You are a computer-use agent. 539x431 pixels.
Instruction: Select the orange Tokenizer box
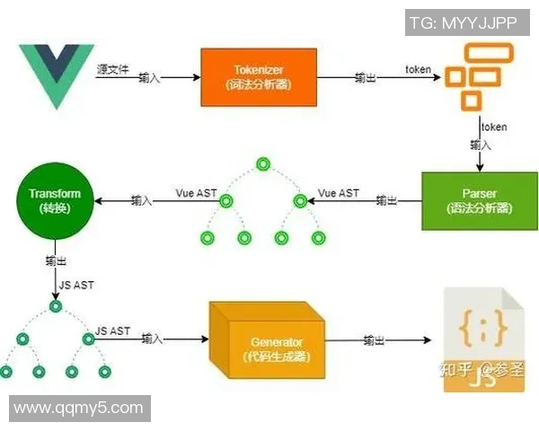tap(259, 76)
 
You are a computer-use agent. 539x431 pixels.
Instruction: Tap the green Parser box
tap(465, 200)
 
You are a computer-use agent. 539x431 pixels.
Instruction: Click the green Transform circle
tap(54, 200)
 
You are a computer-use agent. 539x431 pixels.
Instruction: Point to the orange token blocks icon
tap(473, 77)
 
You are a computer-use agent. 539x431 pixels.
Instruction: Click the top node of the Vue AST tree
tap(262, 164)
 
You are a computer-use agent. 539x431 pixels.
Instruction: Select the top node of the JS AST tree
tap(56, 307)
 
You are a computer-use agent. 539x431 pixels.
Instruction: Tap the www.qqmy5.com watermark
tap(79, 409)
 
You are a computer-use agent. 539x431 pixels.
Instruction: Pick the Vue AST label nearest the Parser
tap(339, 193)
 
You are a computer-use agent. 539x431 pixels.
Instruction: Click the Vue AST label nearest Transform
tap(194, 193)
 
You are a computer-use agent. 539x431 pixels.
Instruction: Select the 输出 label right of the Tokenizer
tap(366, 78)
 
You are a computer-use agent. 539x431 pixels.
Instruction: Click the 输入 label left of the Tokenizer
tap(150, 78)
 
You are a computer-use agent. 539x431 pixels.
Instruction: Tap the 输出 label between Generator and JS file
tap(375, 341)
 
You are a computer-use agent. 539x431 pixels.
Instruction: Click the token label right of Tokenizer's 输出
tap(418, 69)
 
